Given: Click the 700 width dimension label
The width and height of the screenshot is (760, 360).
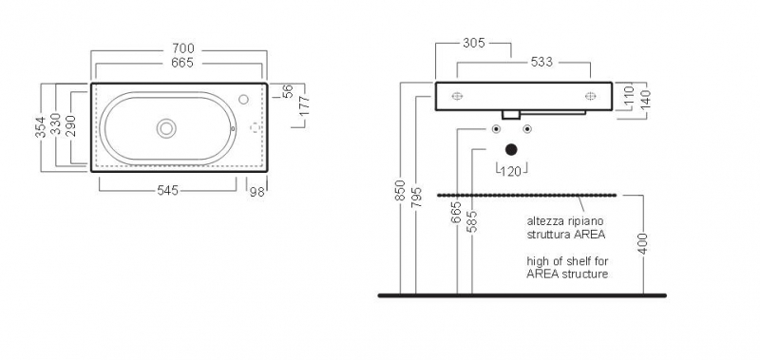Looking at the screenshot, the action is pyautogui.click(x=183, y=48).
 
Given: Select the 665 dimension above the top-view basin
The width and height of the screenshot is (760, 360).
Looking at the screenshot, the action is pyautogui.click(x=182, y=63).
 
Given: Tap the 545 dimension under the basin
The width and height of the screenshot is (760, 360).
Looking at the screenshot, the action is pyautogui.click(x=168, y=191).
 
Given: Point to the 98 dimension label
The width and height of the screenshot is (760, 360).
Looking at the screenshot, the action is pyautogui.click(x=257, y=192).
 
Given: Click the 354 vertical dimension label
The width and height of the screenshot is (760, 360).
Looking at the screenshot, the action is pyautogui.click(x=41, y=127).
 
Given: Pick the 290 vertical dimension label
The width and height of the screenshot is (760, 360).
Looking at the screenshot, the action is pyautogui.click(x=70, y=126).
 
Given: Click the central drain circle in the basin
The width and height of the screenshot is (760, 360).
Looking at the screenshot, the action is pyautogui.click(x=166, y=128).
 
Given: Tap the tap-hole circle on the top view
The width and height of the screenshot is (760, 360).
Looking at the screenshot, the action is pyautogui.click(x=244, y=100).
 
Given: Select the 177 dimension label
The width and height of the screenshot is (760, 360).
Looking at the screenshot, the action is pyautogui.click(x=304, y=106).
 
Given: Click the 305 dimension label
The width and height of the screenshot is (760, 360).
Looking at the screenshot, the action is pyautogui.click(x=473, y=43).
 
